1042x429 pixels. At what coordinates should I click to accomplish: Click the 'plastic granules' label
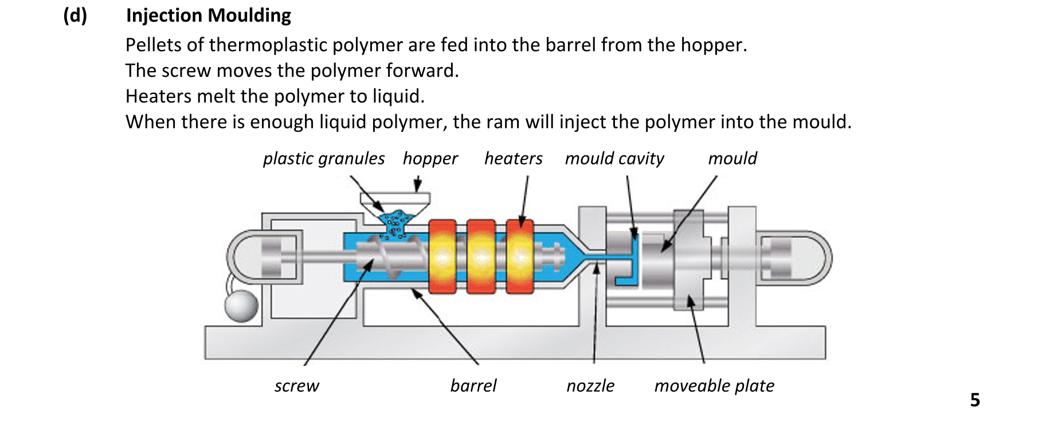324,159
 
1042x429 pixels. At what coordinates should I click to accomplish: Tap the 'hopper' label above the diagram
430,159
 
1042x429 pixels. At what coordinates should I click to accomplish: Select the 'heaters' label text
513,159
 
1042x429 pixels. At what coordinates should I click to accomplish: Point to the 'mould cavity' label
614,159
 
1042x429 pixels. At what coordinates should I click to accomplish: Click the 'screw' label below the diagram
296,386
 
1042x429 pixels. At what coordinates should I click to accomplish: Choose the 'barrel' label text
473,386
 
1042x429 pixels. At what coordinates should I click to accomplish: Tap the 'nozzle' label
590,386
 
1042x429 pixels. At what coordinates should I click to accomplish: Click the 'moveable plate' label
714,386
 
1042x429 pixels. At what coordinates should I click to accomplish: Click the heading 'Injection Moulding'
209,15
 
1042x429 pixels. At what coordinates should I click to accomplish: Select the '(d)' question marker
75,15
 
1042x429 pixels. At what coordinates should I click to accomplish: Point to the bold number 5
975,400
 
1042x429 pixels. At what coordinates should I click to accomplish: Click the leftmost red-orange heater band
442,257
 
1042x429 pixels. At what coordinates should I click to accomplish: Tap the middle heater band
481,257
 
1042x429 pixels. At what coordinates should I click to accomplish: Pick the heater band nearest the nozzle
520,257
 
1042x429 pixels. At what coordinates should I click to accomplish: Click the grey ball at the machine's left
241,306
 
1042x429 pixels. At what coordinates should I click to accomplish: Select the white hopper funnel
395,200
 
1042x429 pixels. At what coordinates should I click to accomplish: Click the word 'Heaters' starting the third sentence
158,96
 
